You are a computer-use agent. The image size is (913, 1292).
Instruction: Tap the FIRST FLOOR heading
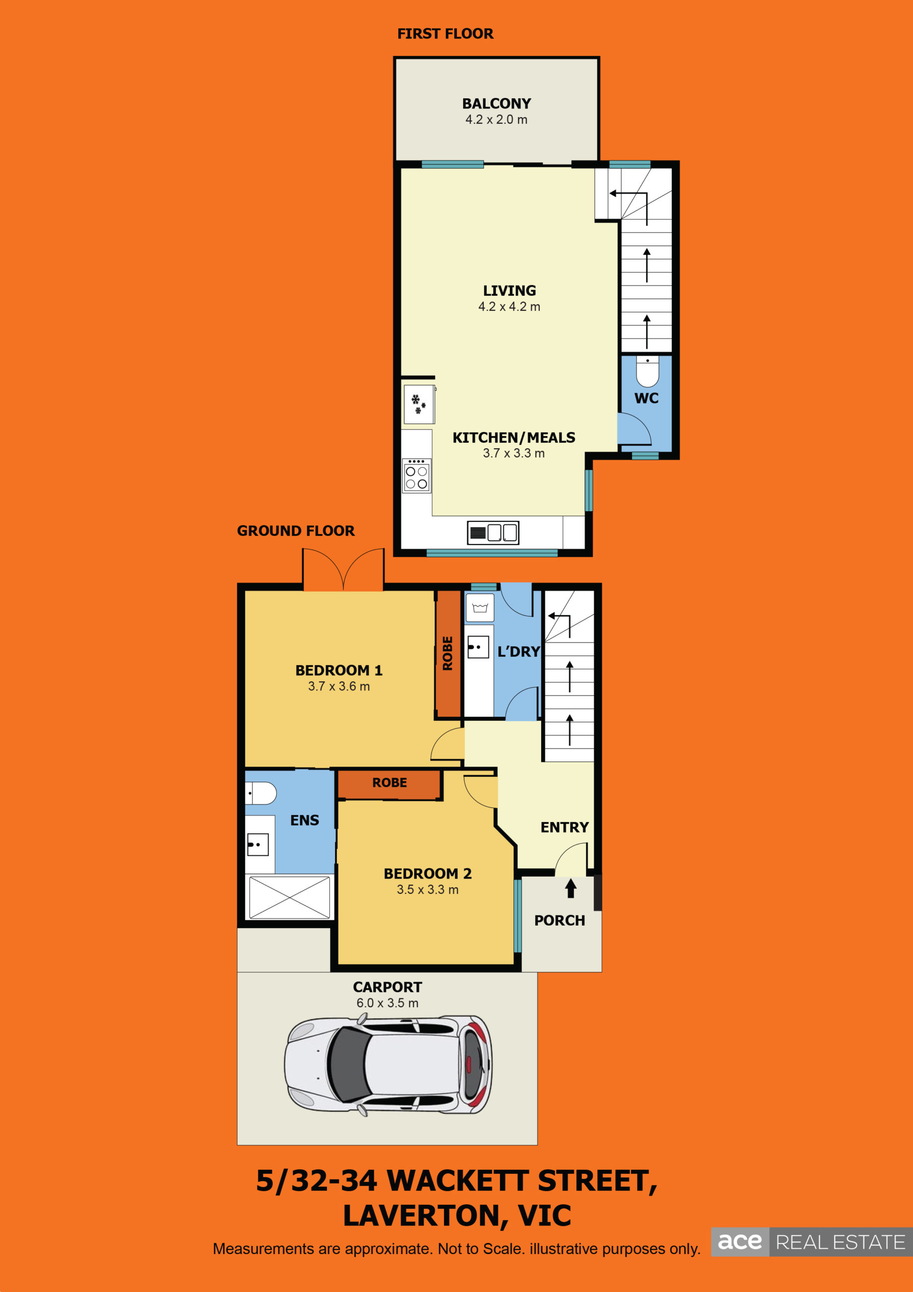(x=445, y=34)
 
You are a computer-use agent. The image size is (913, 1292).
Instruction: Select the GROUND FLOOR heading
(x=296, y=530)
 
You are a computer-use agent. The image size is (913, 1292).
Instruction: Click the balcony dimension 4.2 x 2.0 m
(x=496, y=119)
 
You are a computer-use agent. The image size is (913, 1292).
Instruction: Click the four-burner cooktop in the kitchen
(x=417, y=476)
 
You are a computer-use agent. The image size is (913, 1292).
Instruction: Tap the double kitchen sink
(x=493, y=532)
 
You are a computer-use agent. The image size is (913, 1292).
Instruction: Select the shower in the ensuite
(x=289, y=897)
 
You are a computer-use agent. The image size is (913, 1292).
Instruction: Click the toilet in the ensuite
(x=261, y=793)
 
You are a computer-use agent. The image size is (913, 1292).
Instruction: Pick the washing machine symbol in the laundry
(x=480, y=608)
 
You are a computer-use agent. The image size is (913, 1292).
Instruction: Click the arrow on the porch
(x=570, y=888)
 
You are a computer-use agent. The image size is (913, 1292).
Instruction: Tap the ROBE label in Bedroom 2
(x=389, y=782)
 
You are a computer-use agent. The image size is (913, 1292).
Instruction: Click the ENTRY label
(x=564, y=827)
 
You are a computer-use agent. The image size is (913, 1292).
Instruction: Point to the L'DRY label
(x=519, y=652)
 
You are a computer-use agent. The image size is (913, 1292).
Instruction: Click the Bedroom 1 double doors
(x=343, y=569)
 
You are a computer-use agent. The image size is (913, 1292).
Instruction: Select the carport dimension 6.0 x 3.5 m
(x=387, y=1003)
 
